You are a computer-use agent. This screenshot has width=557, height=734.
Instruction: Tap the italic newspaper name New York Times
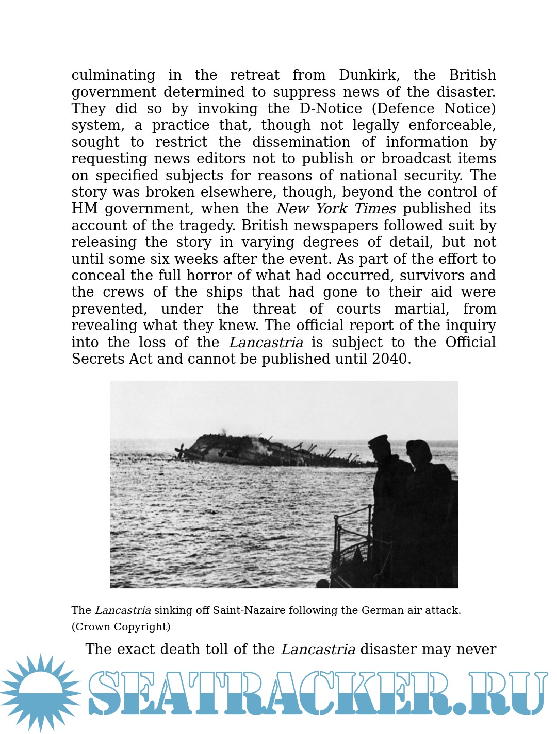click(336, 209)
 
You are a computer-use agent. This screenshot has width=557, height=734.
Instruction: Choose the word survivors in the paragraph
click(433, 276)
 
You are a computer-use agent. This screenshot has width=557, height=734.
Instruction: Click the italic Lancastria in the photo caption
click(123, 610)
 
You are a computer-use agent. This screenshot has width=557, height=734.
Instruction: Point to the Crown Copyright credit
click(121, 627)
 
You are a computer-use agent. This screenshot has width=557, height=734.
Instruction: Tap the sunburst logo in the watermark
click(40, 693)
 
